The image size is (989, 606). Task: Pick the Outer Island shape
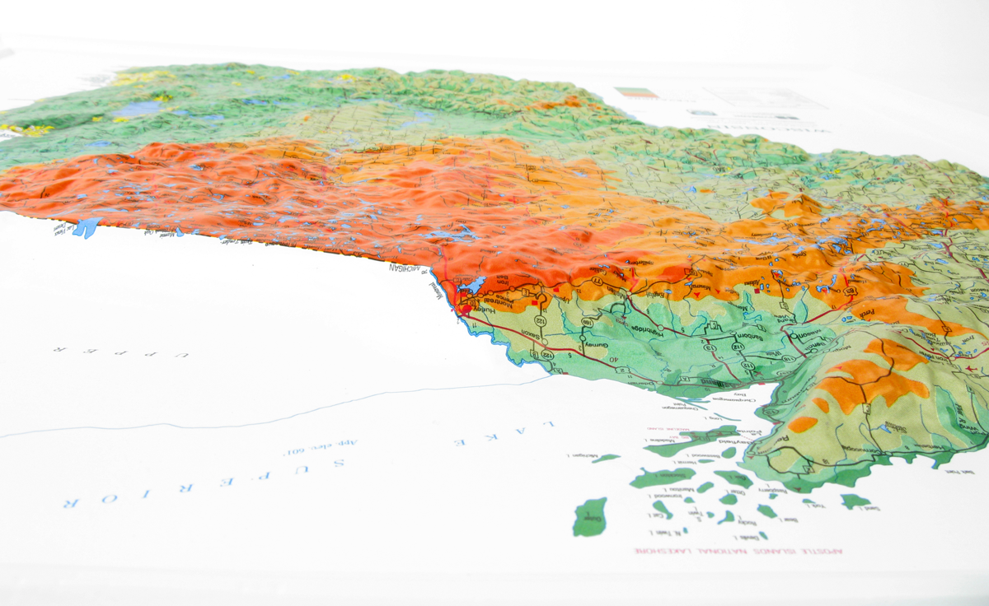coord(589,517)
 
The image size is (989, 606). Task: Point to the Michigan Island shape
coord(606,458)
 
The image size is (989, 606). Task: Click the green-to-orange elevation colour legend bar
coord(636,93)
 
